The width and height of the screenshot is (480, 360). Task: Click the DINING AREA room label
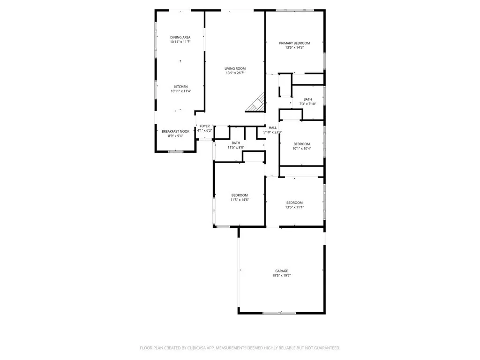(180, 37)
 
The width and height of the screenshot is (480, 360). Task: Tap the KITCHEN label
(181, 87)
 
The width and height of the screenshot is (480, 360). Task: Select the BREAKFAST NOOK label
(176, 131)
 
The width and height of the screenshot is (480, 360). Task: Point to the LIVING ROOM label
(235, 68)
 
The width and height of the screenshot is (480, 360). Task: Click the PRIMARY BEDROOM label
(295, 43)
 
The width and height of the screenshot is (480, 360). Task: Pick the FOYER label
(205, 126)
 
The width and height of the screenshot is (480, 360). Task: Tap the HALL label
(272, 127)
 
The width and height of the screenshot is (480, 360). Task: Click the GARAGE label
(281, 271)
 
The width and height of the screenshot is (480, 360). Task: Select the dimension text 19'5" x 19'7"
(281, 276)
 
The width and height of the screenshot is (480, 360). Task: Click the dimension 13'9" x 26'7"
(235, 73)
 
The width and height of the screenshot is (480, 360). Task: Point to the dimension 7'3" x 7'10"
(307, 104)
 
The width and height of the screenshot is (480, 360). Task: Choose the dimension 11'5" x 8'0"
(236, 148)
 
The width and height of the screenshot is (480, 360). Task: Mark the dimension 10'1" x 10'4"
(301, 149)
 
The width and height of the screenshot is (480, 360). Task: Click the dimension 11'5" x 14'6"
(239, 200)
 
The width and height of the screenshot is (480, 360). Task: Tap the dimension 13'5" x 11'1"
(295, 207)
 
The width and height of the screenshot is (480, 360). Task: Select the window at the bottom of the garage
(278, 313)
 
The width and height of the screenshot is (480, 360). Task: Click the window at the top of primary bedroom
(294, 10)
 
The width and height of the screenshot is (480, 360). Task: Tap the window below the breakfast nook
(176, 151)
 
